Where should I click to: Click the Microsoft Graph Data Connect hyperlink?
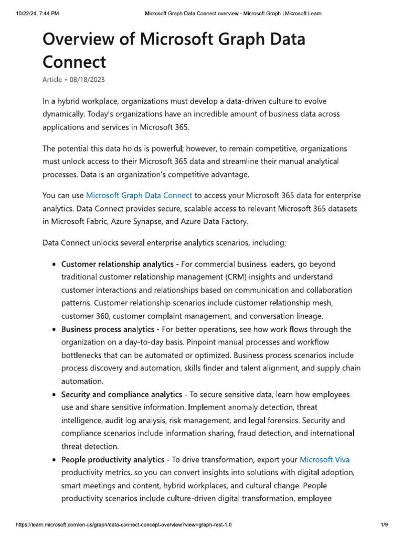(x=139, y=196)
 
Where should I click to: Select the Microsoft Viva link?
(x=324, y=460)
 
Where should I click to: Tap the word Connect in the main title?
(x=74, y=62)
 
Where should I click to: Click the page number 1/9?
(x=384, y=524)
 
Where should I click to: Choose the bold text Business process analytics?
(x=108, y=329)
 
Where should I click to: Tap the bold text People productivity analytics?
(x=113, y=460)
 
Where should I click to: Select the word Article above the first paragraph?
(x=51, y=79)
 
